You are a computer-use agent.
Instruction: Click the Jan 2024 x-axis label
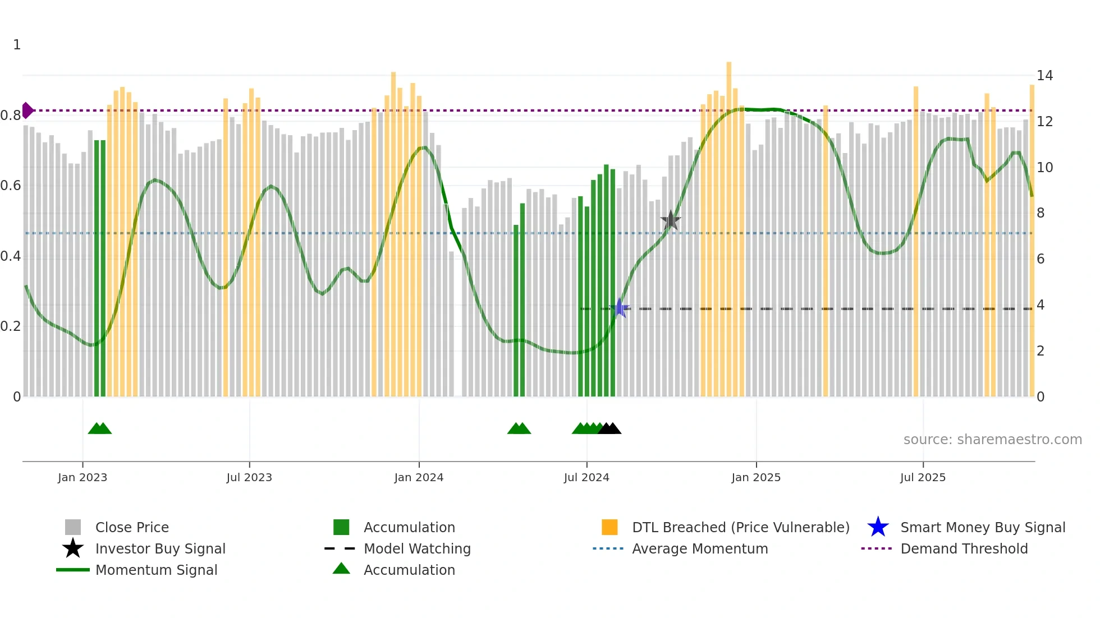(x=419, y=477)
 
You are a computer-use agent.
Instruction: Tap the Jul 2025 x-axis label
(x=923, y=477)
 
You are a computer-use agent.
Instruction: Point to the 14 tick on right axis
(x=1044, y=76)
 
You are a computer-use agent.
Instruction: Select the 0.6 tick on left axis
(x=11, y=186)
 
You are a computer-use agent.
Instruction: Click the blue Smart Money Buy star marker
(x=619, y=308)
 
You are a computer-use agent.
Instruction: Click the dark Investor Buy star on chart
(x=670, y=220)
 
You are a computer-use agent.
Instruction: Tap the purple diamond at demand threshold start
(x=27, y=110)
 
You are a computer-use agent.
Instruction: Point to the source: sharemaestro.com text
(x=992, y=440)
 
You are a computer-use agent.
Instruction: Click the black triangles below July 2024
(x=609, y=429)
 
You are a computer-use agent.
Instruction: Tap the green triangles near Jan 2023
(x=100, y=429)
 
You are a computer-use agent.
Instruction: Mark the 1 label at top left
(x=17, y=45)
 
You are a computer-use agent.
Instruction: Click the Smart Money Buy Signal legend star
(x=878, y=527)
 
